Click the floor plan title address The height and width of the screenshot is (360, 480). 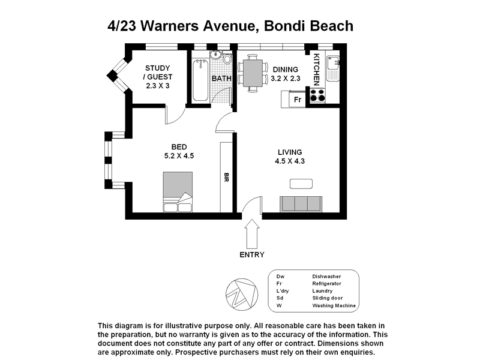(230, 26)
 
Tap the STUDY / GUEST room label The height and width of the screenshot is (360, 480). (158, 77)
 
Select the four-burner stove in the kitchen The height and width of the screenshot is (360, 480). (317, 95)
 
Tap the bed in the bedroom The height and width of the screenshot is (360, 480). (178, 192)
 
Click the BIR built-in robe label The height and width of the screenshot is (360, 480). (226, 178)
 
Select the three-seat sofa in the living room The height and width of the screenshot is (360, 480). (301, 203)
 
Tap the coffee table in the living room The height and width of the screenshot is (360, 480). (301, 183)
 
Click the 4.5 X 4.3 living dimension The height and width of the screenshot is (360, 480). (290, 161)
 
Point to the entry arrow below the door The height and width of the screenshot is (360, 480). (252, 232)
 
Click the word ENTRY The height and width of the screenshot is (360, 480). (252, 254)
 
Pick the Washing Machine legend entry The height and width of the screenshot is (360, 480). (334, 305)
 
